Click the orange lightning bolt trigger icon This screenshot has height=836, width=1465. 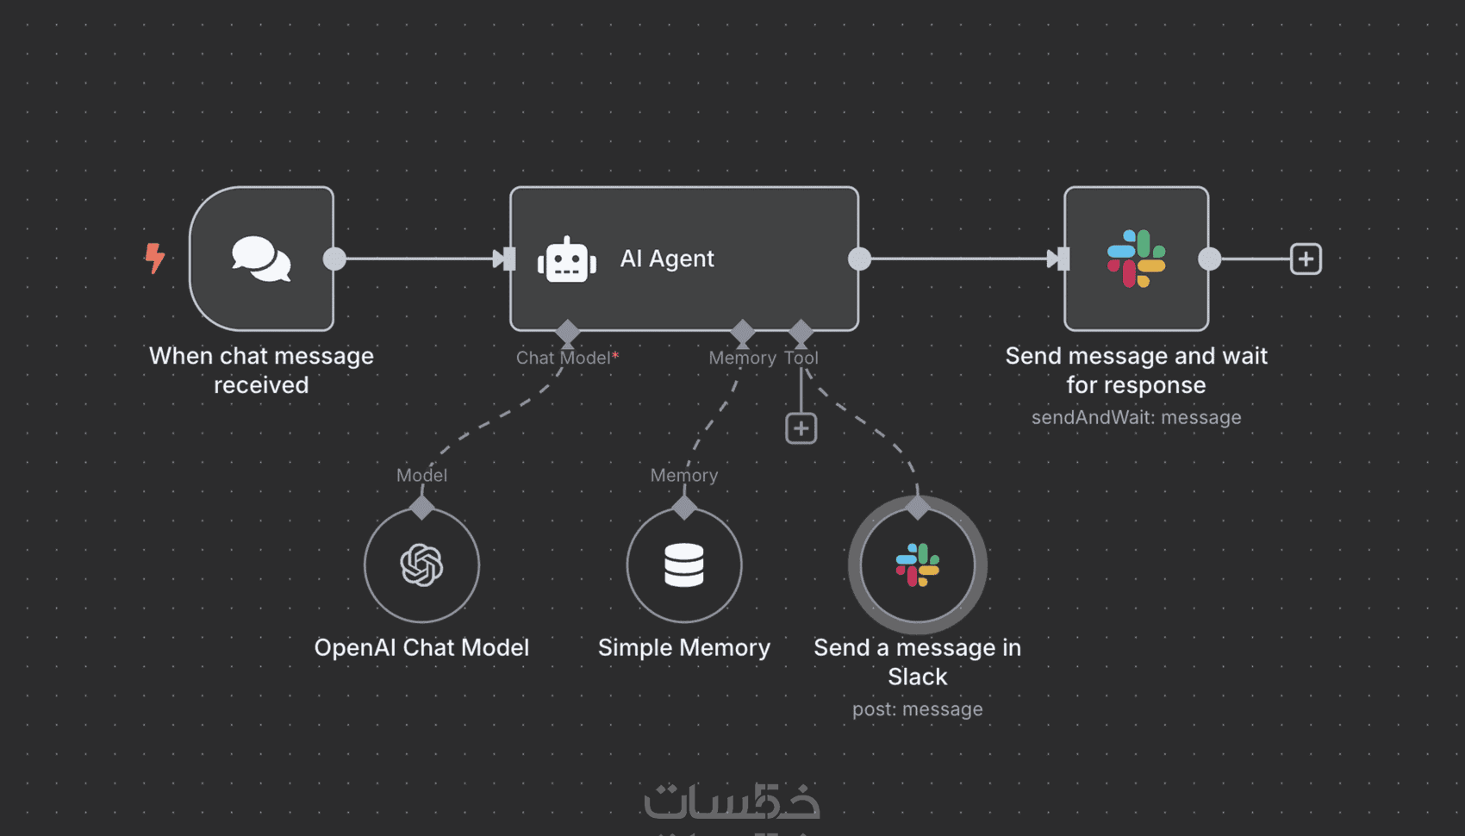(x=155, y=258)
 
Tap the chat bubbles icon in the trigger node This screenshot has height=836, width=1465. (x=261, y=259)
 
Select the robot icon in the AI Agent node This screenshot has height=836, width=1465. (x=567, y=259)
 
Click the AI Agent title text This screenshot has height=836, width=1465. (x=667, y=259)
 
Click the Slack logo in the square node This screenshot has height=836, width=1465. (x=1136, y=259)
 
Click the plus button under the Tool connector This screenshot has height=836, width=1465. (x=801, y=428)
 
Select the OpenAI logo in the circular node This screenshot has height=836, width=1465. (x=421, y=565)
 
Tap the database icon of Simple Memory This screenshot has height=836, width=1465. (x=684, y=565)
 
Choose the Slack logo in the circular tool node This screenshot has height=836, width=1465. (x=918, y=565)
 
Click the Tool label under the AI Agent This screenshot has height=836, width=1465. (x=801, y=358)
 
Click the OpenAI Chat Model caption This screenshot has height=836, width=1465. (x=421, y=647)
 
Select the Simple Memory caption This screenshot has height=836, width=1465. (x=684, y=647)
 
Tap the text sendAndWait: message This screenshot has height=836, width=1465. (x=1136, y=417)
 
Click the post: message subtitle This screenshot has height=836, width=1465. (x=918, y=709)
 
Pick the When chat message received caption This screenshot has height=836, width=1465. (x=261, y=370)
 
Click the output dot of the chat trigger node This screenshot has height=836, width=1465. (x=334, y=259)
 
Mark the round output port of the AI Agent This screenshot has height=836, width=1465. (x=859, y=259)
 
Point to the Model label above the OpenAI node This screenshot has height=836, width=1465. (x=421, y=475)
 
